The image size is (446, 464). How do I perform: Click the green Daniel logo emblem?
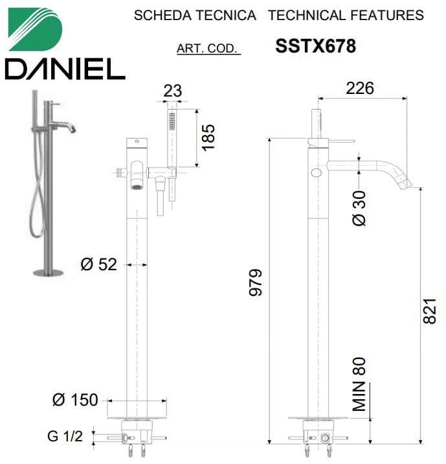coord(35,29)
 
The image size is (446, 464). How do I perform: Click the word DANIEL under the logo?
coord(65,69)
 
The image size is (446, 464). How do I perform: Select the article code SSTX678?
coord(316,46)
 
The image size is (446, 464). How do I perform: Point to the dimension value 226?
coord(360,88)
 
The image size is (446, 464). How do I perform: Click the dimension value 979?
coord(255,282)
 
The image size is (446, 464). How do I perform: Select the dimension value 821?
coord(429,310)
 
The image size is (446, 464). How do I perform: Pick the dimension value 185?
coord(208,137)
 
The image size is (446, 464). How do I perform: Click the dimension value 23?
coord(173,91)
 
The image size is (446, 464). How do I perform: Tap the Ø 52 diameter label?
coord(99,264)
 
